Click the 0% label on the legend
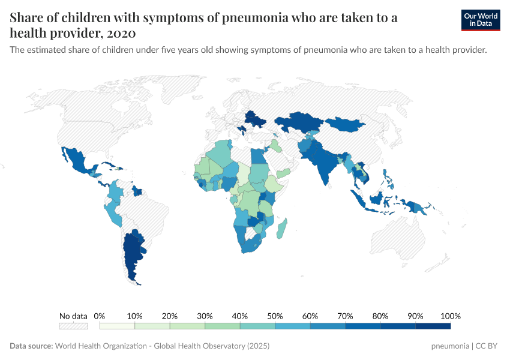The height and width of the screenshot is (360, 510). [100, 316]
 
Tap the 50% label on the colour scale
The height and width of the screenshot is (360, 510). [275, 316]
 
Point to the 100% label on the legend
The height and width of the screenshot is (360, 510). [450, 316]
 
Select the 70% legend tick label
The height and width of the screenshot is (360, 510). [345, 316]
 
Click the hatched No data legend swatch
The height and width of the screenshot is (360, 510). [73, 326]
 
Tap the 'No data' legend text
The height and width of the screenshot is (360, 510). [73, 316]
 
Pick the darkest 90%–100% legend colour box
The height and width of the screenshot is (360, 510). [433, 326]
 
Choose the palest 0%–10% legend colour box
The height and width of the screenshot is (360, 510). [117, 326]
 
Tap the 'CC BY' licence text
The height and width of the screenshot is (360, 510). [488, 346]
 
